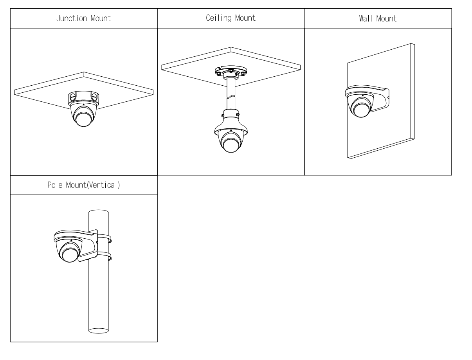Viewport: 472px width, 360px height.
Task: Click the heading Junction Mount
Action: point(84,18)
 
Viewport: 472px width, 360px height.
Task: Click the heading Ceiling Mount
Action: point(231,18)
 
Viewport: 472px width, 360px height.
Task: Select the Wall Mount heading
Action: point(378,18)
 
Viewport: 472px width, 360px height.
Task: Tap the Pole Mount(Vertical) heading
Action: point(84,185)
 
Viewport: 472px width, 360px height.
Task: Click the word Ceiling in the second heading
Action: point(218,18)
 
